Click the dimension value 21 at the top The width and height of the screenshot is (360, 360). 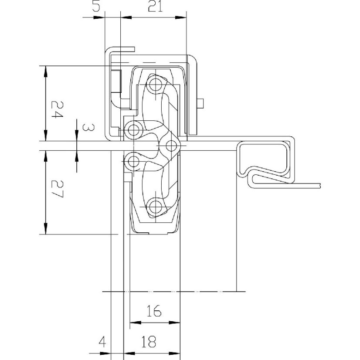[x=155, y=6]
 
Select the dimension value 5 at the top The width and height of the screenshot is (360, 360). [x=96, y=6]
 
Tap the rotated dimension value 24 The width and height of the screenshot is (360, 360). [x=57, y=109]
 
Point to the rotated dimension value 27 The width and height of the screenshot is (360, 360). [x=57, y=189]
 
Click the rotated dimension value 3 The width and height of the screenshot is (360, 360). [x=88, y=127]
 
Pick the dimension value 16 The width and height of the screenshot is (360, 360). [x=154, y=311]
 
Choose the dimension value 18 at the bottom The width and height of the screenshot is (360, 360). [x=149, y=342]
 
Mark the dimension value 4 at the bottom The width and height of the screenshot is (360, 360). [x=102, y=342]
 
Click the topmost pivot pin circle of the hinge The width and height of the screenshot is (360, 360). [x=156, y=85]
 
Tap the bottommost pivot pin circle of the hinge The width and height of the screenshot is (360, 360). [x=156, y=207]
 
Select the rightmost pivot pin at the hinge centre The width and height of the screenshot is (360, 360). [x=171, y=146]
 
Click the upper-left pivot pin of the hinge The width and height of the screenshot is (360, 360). [x=133, y=130]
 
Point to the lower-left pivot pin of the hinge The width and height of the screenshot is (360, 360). [x=133, y=161]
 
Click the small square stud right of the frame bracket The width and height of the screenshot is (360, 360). [x=200, y=103]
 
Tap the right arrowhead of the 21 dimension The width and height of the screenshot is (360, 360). [x=181, y=17]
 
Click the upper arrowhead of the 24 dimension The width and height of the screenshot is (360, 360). [x=46, y=71]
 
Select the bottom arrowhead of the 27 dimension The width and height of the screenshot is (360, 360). [x=46, y=229]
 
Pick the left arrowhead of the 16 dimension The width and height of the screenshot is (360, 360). [x=136, y=323]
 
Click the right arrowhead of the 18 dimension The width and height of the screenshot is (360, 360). [x=174, y=353]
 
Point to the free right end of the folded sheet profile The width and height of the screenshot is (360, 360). [x=320, y=186]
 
